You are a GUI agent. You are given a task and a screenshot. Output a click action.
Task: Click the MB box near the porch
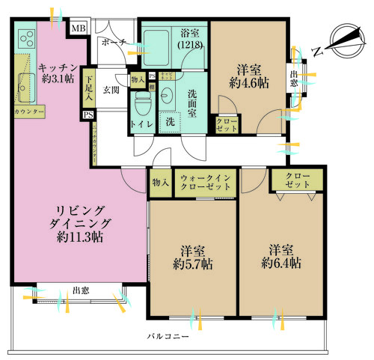[78, 29]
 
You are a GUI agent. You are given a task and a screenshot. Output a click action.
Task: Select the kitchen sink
[20, 88]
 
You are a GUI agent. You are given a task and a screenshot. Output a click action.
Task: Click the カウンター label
[29, 112]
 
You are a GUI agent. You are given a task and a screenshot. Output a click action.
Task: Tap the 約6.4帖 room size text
[282, 263]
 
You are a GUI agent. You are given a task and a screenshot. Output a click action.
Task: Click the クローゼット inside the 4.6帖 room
[227, 125]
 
